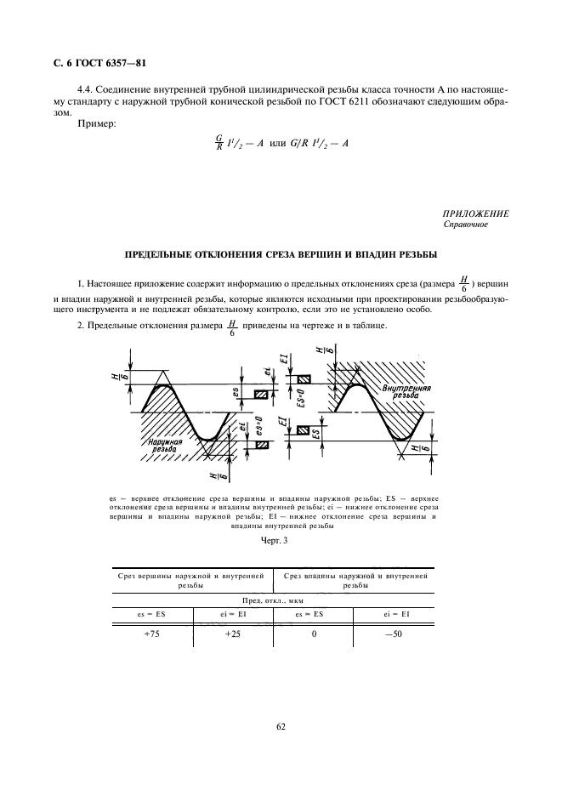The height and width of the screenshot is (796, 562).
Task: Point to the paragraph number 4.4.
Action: pos(86,88)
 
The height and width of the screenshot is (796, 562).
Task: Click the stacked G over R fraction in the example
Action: pos(219,144)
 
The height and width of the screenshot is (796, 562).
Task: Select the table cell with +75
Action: pos(152,634)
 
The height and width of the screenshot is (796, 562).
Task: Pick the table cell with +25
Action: pos(232,634)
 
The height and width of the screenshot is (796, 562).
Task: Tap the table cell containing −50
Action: pos(393,634)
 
